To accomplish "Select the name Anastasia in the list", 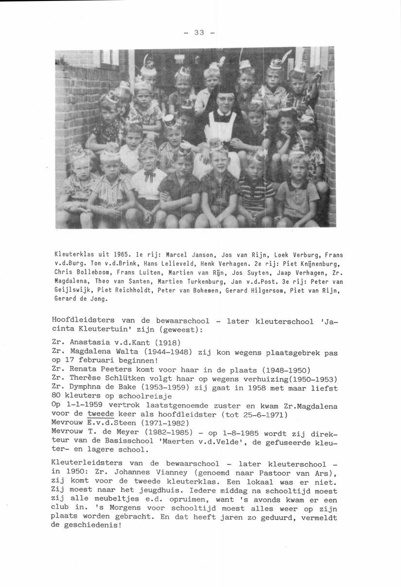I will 90,342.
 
